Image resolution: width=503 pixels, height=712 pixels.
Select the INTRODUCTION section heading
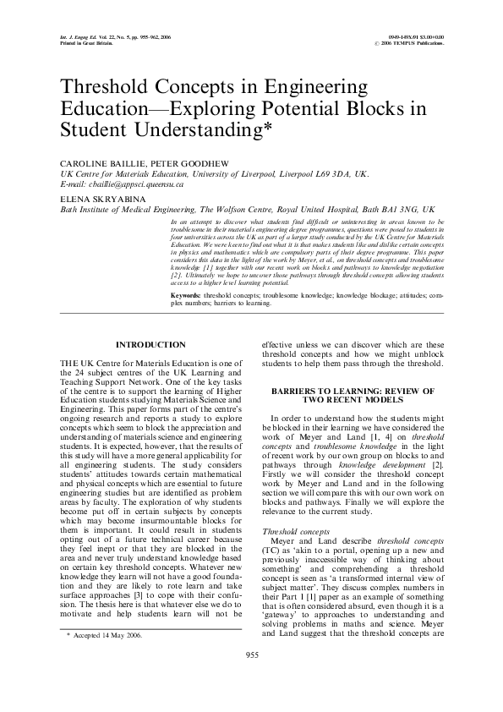tap(150, 345)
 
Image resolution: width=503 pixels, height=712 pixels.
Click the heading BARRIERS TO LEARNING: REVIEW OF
tap(352, 391)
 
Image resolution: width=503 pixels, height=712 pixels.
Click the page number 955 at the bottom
tap(251, 678)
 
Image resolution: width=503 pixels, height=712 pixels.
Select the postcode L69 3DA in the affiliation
tap(333, 173)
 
